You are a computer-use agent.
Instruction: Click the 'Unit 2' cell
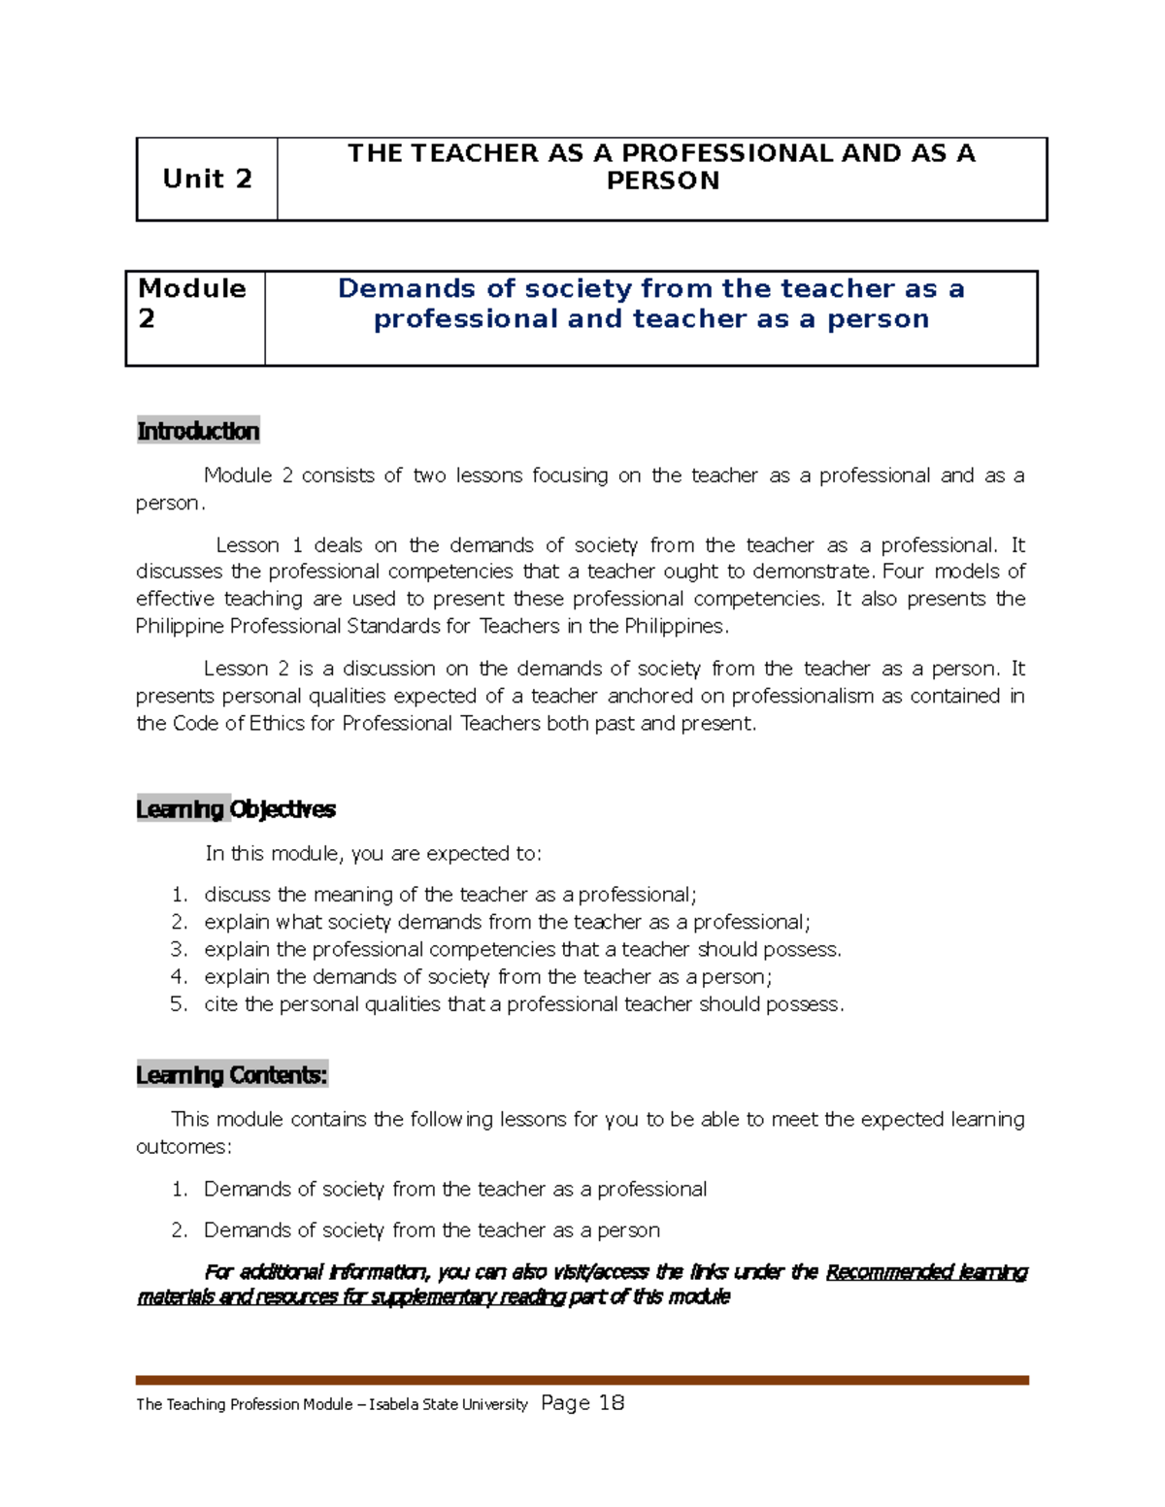(207, 179)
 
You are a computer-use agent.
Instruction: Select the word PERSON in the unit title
(663, 181)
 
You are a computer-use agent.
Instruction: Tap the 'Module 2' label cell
(192, 304)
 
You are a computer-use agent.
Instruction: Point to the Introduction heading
(198, 431)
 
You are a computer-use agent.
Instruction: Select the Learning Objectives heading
(236, 809)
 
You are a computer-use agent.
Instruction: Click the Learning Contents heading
(232, 1075)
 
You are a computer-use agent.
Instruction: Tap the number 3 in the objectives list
(178, 949)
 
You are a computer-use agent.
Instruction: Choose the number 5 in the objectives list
(178, 1004)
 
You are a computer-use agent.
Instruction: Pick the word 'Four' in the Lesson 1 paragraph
(904, 572)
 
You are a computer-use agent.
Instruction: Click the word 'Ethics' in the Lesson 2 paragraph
(278, 724)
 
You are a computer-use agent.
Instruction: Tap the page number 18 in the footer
(612, 1403)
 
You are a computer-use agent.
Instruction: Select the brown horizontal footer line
(582, 1380)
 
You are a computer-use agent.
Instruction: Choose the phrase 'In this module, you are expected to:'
(373, 854)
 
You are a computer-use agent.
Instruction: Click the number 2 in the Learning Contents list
(178, 1230)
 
